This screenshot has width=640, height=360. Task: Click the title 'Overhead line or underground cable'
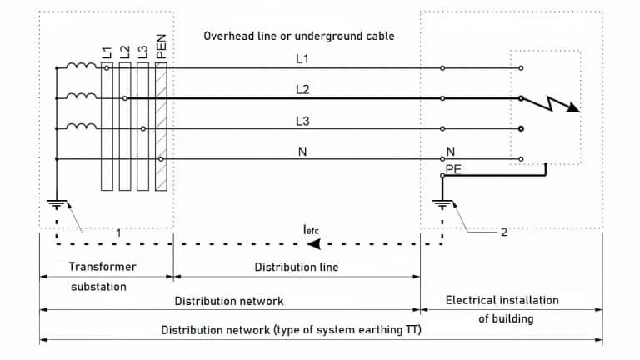(x=299, y=37)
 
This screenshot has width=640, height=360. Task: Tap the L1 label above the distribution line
(x=302, y=59)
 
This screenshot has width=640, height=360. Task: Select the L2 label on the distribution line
(x=302, y=88)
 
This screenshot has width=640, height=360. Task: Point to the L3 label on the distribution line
(x=302, y=120)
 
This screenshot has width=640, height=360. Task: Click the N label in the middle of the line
(x=302, y=151)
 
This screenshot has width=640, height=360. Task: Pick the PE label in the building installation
(x=454, y=168)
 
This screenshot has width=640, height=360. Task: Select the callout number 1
(x=117, y=233)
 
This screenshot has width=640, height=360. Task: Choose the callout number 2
(x=503, y=232)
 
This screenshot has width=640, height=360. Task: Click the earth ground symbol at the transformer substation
(x=54, y=205)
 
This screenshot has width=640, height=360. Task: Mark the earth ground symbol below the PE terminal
(x=442, y=205)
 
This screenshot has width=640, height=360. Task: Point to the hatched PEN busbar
(x=161, y=125)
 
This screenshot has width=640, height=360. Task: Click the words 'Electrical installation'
(x=502, y=300)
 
